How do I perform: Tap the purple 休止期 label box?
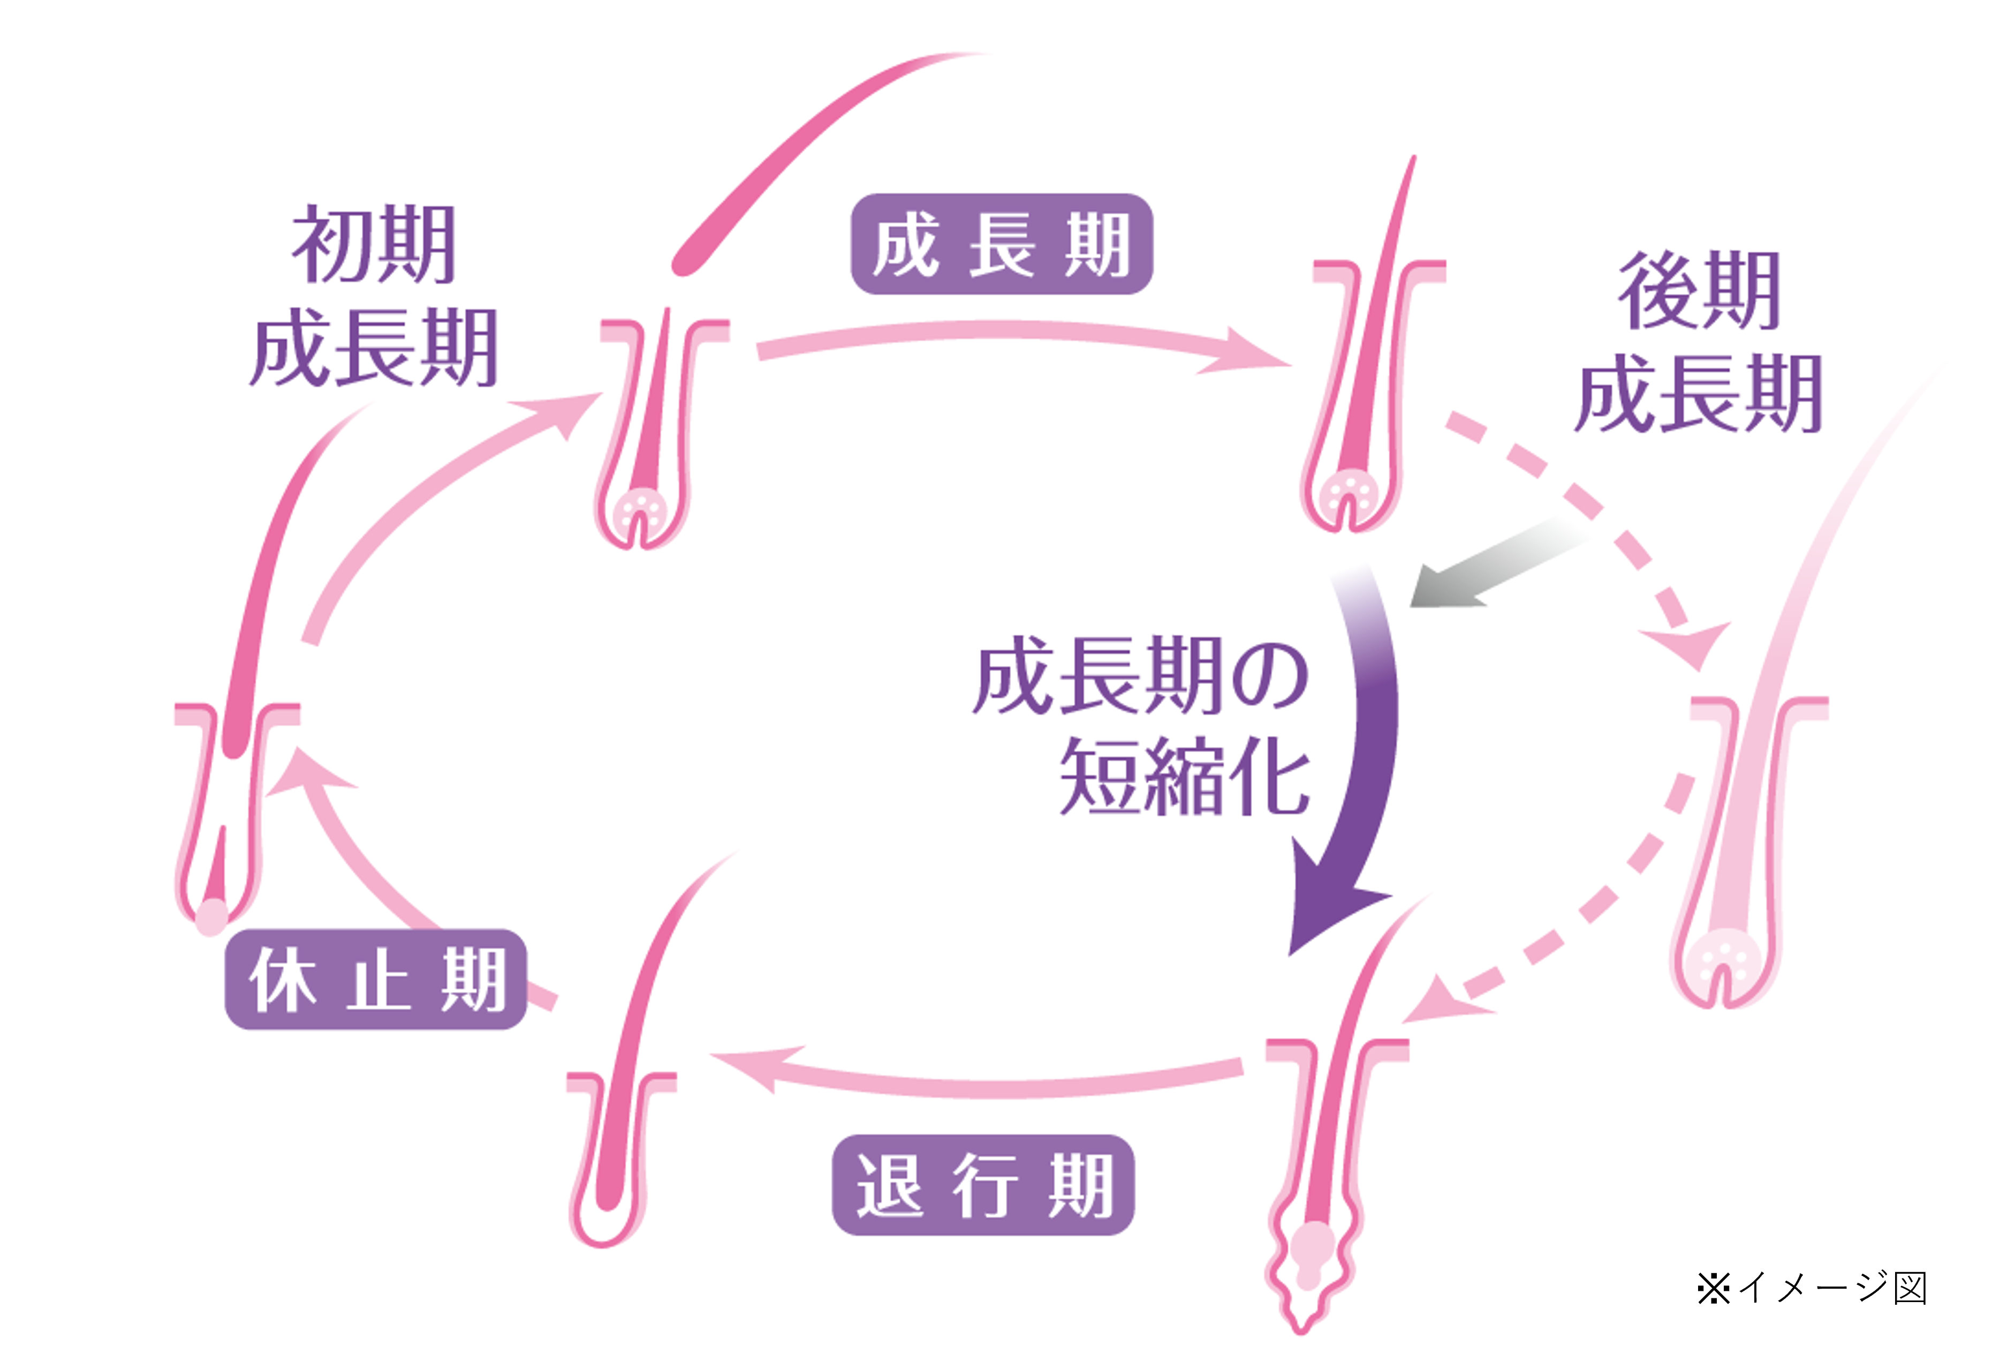[375, 979]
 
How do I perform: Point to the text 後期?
[1699, 291]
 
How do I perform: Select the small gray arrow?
[1491, 564]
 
